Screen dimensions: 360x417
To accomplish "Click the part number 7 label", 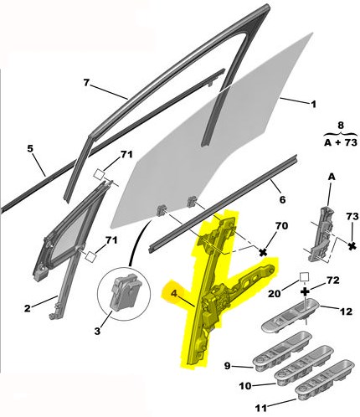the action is pyautogui.click(x=86, y=83).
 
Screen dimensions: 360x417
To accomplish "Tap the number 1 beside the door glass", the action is pyautogui.click(x=313, y=105).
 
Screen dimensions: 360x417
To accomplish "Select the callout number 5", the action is pyautogui.click(x=30, y=148).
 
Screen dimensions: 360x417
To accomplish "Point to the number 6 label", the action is pyautogui.click(x=282, y=200).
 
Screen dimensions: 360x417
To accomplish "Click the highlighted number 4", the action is pyautogui.click(x=174, y=294).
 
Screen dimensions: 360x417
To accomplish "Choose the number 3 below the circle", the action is pyautogui.click(x=97, y=332).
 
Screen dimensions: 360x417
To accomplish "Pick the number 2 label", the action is pyautogui.click(x=27, y=309).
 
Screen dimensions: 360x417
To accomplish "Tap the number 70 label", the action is pyautogui.click(x=281, y=226).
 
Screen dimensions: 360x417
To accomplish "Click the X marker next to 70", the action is pyautogui.click(x=263, y=253).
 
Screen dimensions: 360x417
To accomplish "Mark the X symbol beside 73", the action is pyautogui.click(x=352, y=246).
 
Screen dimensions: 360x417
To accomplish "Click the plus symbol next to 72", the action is pyautogui.click(x=306, y=291).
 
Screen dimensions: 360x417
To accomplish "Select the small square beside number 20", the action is pyautogui.click(x=304, y=277).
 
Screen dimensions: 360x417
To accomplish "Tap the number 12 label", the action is pyautogui.click(x=346, y=311).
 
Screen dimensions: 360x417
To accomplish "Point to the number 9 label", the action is pyautogui.click(x=228, y=365).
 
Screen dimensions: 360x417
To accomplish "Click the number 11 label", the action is pyautogui.click(x=261, y=409).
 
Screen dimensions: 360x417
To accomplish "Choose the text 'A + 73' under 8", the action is pyautogui.click(x=341, y=142).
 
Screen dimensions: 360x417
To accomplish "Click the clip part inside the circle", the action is pyautogui.click(x=123, y=291).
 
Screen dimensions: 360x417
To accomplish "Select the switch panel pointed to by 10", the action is pyautogui.click(x=305, y=363).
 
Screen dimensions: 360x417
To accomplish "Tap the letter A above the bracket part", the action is pyautogui.click(x=332, y=177).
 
